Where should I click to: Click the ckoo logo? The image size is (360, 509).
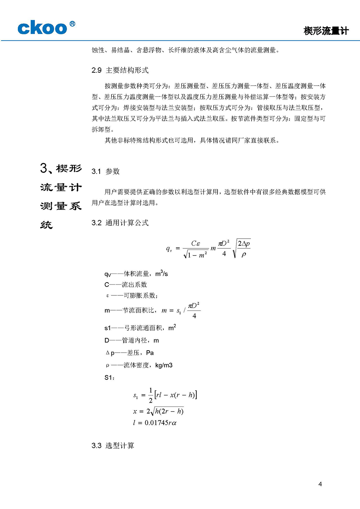[x=42, y=28]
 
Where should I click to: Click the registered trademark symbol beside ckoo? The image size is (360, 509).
[x=72, y=24]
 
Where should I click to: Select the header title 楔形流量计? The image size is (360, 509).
[x=326, y=31]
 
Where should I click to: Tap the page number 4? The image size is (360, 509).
[x=320, y=484]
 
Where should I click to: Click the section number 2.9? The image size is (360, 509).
[x=97, y=70]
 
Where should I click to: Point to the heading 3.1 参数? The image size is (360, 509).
[x=106, y=172]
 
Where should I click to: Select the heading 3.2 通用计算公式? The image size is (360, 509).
[x=120, y=223]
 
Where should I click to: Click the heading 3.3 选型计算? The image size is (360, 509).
[x=113, y=446]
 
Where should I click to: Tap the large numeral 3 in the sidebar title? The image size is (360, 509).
[x=44, y=168]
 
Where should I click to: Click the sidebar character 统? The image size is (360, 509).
[x=46, y=225]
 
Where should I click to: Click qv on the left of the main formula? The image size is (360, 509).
[x=169, y=249]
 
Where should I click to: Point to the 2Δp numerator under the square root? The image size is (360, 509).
[x=244, y=244]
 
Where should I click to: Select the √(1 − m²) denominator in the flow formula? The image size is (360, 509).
[x=196, y=255]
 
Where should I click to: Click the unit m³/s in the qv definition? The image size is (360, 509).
[x=161, y=273]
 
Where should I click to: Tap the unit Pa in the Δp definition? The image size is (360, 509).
[x=150, y=353]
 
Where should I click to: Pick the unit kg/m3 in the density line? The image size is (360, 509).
[x=164, y=365]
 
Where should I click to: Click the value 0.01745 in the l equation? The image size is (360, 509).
[x=157, y=423]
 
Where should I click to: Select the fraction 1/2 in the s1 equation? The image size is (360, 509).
[x=150, y=395]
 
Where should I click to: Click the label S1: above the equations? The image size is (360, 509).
[x=110, y=378]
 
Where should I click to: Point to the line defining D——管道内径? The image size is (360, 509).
[x=131, y=340]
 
